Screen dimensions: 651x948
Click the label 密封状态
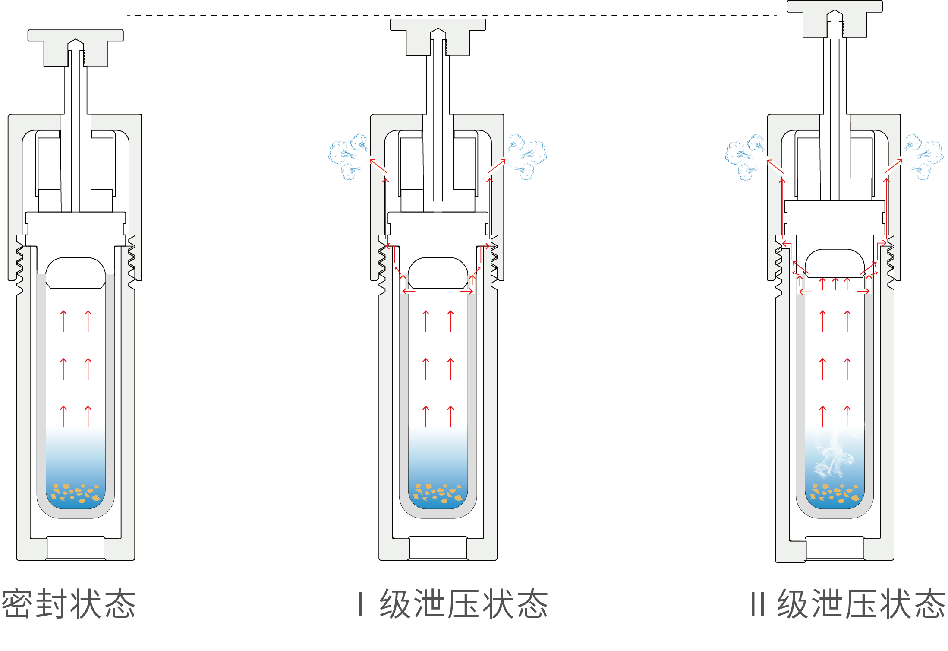click(x=69, y=603)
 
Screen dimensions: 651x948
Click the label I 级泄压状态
click(x=453, y=603)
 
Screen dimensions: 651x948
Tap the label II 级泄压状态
click(x=847, y=603)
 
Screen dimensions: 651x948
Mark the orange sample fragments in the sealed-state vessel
click(x=76, y=493)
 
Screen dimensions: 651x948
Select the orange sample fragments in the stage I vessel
click(x=438, y=493)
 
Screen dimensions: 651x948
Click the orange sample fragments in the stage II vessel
click(x=835, y=493)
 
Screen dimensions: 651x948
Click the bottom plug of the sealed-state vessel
click(x=76, y=548)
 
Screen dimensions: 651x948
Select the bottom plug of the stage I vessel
click(x=438, y=548)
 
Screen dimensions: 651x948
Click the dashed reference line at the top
click(x=431, y=16)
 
